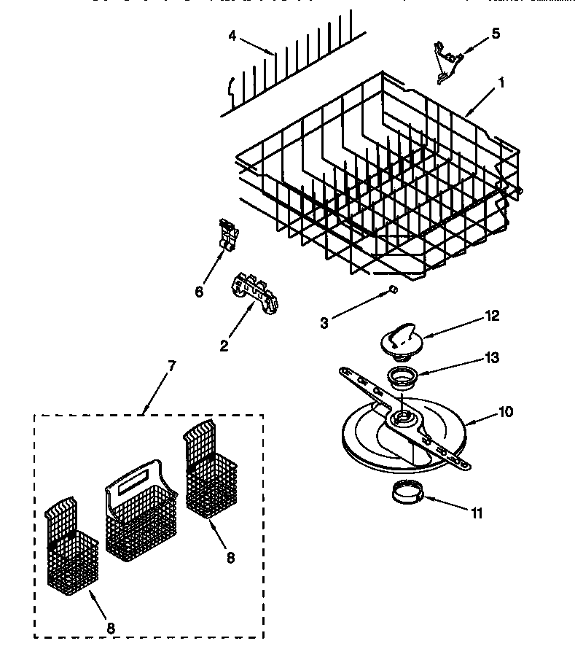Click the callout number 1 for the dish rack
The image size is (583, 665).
[x=501, y=84]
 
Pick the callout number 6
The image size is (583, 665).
[x=199, y=292]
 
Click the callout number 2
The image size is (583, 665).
[x=225, y=345]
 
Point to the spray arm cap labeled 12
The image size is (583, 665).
[x=400, y=340]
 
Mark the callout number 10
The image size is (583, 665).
[x=504, y=412]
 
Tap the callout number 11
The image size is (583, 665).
[x=476, y=513]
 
